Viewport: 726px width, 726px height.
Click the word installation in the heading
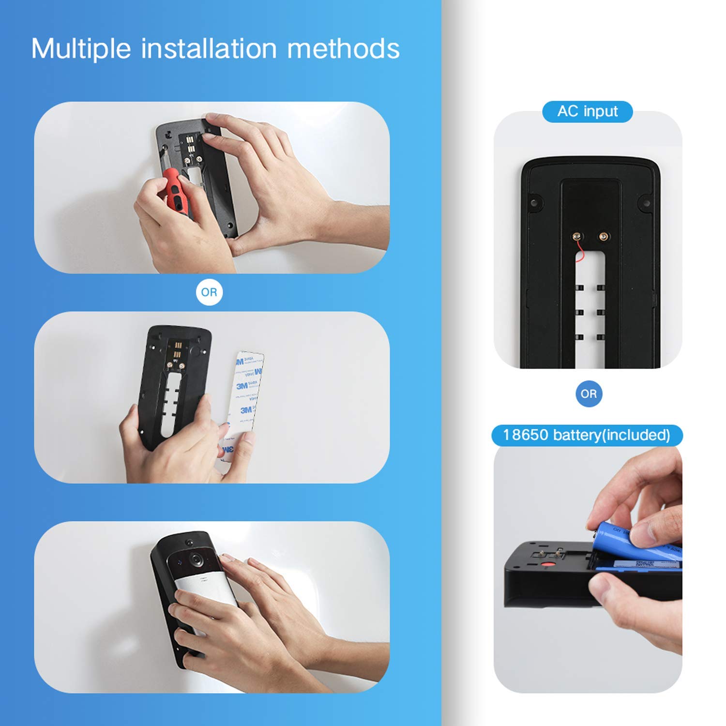(209, 49)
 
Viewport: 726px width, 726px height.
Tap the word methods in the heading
(343, 49)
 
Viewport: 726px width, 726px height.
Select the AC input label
(587, 111)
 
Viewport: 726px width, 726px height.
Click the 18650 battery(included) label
(587, 435)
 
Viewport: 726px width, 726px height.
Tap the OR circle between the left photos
(209, 292)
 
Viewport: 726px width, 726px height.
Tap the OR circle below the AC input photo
(589, 394)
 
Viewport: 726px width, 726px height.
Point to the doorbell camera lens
(196, 559)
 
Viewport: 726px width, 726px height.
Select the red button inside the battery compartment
(547, 565)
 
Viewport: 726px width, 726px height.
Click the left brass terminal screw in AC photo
(577, 237)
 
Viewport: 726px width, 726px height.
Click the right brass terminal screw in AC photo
(603, 237)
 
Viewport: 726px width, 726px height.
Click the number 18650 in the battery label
(526, 435)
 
